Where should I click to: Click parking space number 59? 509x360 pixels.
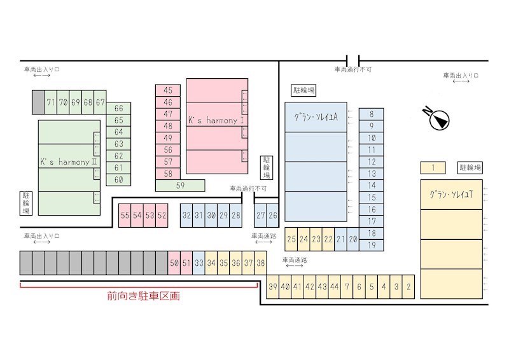[x=180, y=186]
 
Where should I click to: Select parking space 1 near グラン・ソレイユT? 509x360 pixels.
[x=433, y=168]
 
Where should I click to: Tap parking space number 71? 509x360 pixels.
[x=51, y=102]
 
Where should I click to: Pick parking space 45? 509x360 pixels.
[x=168, y=90]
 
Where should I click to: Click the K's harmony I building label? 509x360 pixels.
[x=216, y=120]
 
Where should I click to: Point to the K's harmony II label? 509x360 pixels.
[x=69, y=162]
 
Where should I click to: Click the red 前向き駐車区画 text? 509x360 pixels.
[x=143, y=296]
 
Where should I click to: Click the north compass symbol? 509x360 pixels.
[x=438, y=119]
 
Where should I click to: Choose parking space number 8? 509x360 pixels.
[x=372, y=114]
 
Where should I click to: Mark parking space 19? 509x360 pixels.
[x=372, y=245]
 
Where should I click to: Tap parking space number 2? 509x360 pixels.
[x=408, y=286]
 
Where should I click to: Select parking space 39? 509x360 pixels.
[x=273, y=286]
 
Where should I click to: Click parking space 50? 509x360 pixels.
[x=174, y=263]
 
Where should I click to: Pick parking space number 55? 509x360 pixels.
[x=125, y=216]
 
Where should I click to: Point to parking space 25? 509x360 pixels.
[x=291, y=239]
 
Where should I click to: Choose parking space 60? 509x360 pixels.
[x=118, y=179]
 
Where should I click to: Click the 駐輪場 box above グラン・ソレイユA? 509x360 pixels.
[x=303, y=90]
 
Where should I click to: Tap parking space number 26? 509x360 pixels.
[x=273, y=216]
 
